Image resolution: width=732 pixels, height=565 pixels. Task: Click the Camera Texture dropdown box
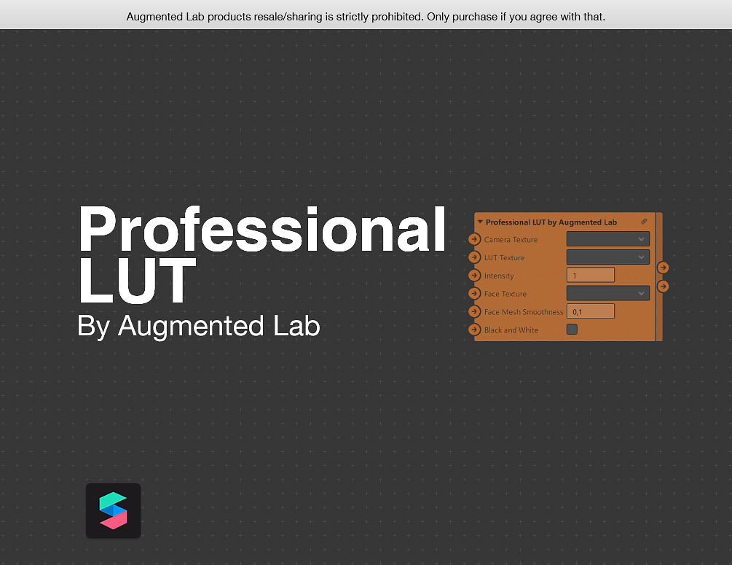(x=607, y=239)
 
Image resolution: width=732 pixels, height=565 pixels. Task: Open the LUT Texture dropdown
(x=607, y=257)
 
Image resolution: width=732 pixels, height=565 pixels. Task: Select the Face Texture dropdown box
(x=607, y=293)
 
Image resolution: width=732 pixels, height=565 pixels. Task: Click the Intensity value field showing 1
(x=590, y=276)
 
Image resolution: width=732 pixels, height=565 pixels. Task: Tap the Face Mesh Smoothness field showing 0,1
(x=590, y=311)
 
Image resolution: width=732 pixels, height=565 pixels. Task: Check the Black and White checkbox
(x=572, y=330)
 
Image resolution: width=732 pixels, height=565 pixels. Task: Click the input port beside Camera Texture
(x=475, y=239)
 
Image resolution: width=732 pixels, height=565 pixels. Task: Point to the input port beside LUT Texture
(x=475, y=257)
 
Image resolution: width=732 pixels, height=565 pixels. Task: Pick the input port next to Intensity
(x=475, y=276)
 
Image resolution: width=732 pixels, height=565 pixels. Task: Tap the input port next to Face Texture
(x=475, y=293)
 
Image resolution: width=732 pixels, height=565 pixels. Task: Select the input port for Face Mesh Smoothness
(x=475, y=311)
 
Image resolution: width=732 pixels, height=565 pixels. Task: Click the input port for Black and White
(x=475, y=330)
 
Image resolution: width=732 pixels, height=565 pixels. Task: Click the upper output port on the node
(x=663, y=268)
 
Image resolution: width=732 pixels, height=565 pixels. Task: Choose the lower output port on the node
(x=663, y=287)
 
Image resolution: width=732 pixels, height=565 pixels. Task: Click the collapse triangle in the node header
(x=480, y=222)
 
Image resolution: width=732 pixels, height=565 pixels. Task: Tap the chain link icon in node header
(x=644, y=222)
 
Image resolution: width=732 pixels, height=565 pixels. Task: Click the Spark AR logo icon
(x=113, y=510)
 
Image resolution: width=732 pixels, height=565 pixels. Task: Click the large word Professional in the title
(x=262, y=230)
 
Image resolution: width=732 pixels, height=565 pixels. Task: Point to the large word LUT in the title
(x=137, y=281)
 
